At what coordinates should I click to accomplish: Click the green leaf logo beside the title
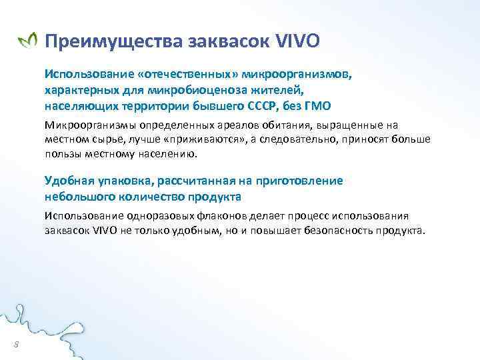click(27, 42)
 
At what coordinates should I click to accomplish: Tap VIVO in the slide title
click(297, 42)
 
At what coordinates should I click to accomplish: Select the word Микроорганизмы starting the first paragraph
click(86, 125)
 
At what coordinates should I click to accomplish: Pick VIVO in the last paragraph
click(105, 230)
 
